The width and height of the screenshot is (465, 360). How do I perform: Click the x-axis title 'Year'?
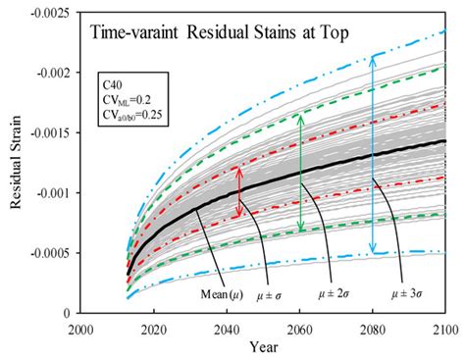point(263,346)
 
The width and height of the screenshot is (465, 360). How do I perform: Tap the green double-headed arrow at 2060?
point(300,173)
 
